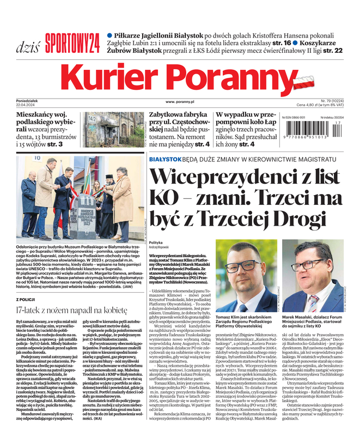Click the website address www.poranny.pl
(x=180, y=101)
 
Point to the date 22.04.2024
(x=28, y=105)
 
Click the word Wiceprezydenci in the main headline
(x=209, y=178)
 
